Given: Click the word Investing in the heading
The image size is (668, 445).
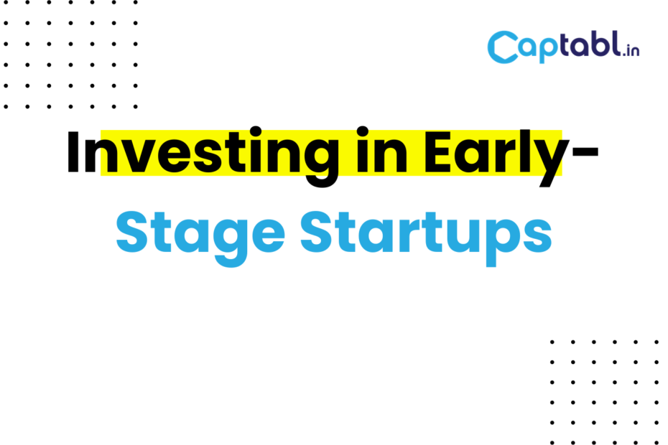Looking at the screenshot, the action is pyautogui.click(x=203, y=156).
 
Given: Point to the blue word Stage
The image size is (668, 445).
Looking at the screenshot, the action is pyautogui.click(x=200, y=238).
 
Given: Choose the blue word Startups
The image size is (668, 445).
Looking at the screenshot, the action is pyautogui.click(x=427, y=238).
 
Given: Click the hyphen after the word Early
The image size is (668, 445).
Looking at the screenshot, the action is pyautogui.click(x=585, y=152).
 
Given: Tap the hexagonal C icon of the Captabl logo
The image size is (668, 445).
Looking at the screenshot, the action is pyautogui.click(x=503, y=47).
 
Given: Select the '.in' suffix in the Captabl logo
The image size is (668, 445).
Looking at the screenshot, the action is pyautogui.click(x=631, y=50).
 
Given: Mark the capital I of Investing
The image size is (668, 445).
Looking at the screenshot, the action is pyautogui.click(x=73, y=151).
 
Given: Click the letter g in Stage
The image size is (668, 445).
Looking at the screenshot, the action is pyautogui.click(x=230, y=244).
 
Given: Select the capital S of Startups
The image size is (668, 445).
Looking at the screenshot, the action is pyautogui.click(x=316, y=232).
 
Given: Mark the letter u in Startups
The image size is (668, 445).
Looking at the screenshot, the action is pyautogui.click(x=463, y=238).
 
